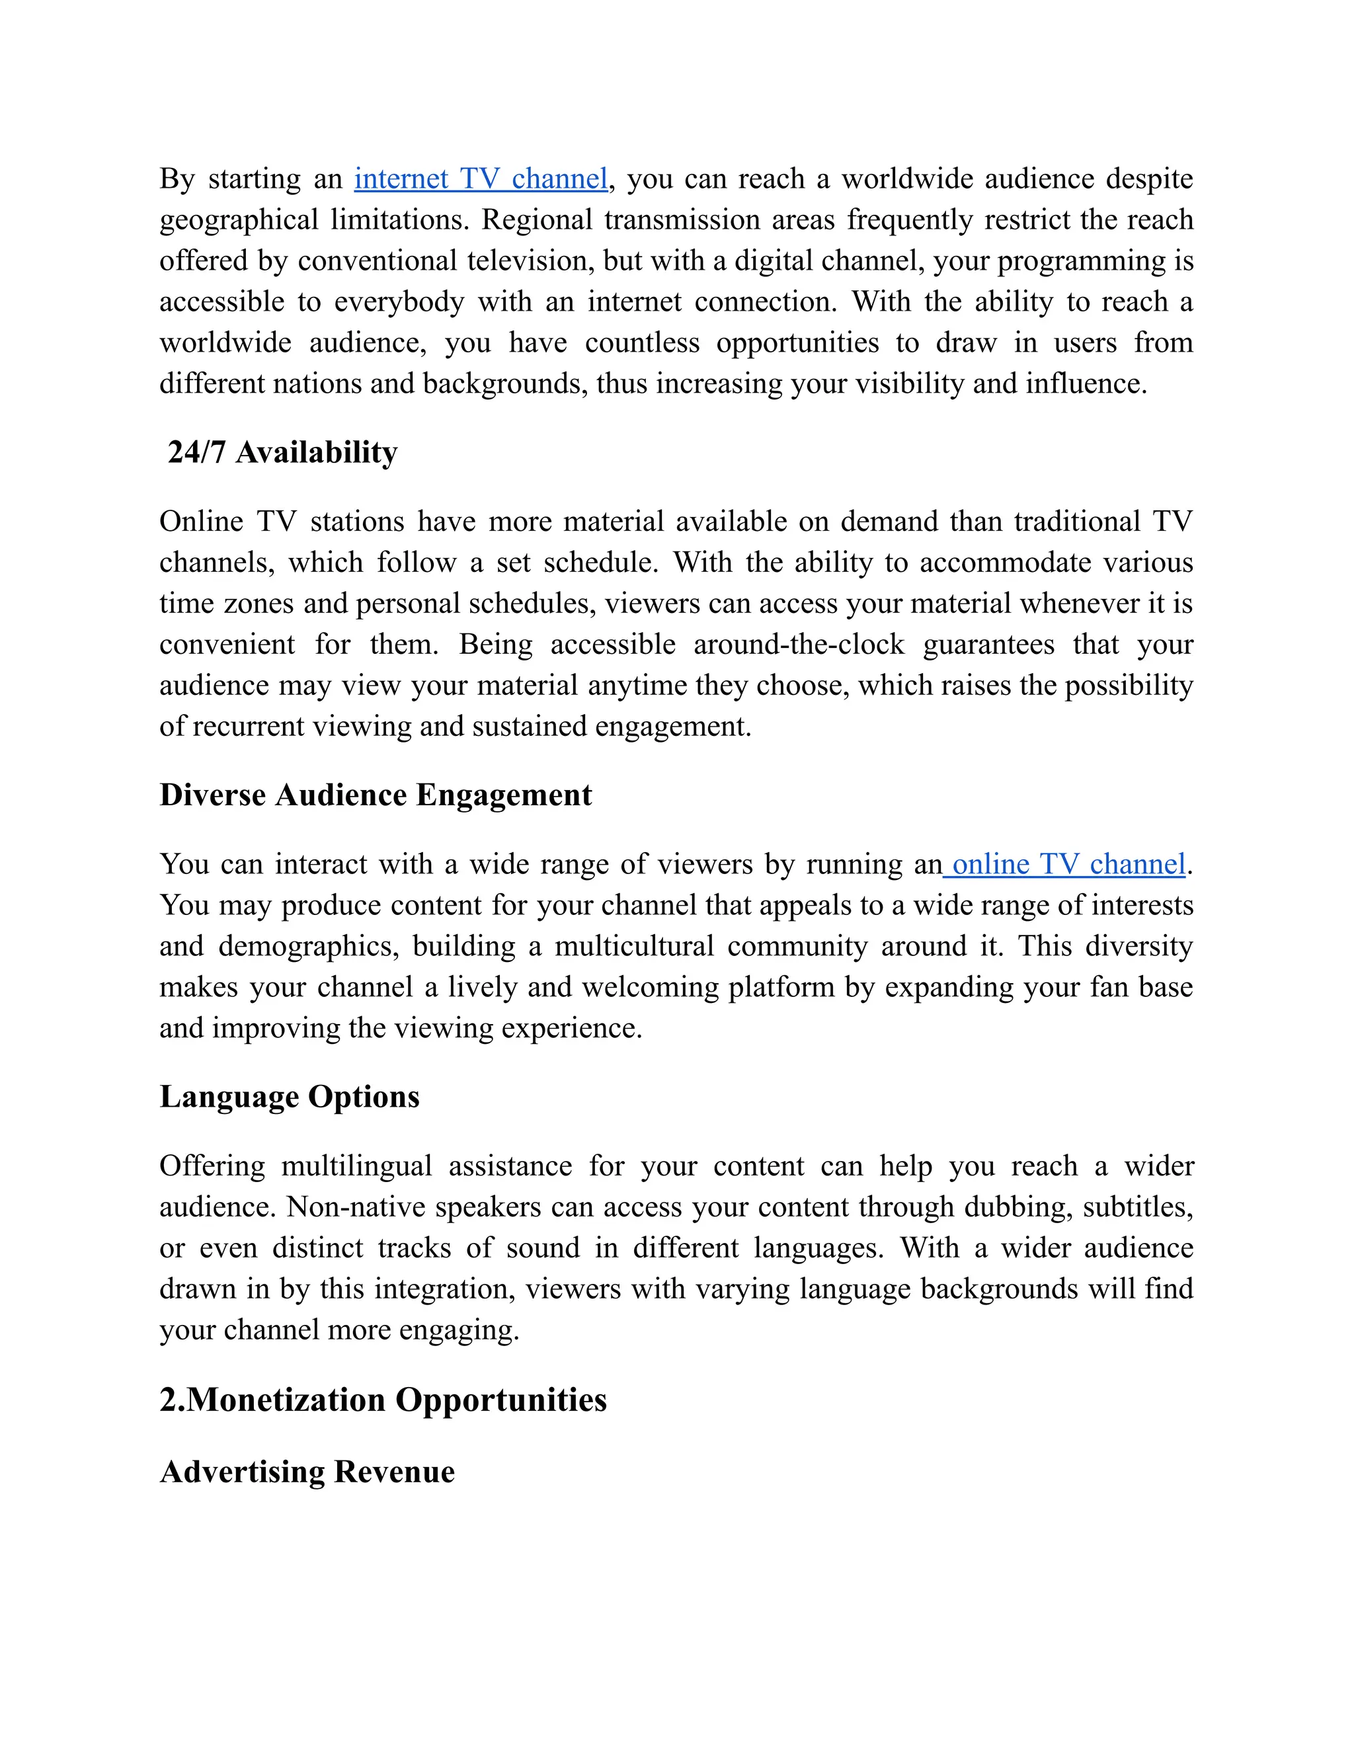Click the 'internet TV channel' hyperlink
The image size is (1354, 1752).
coord(481,179)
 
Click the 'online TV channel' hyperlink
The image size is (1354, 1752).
coord(1068,864)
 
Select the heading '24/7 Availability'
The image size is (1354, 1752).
coord(282,452)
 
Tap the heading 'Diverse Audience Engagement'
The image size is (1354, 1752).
coord(376,795)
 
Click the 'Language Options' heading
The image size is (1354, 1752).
coord(290,1097)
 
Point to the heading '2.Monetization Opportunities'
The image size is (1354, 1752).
coord(383,1400)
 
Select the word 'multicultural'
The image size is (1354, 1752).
coord(633,947)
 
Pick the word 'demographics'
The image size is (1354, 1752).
coord(308,947)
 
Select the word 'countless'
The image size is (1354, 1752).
coord(643,343)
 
